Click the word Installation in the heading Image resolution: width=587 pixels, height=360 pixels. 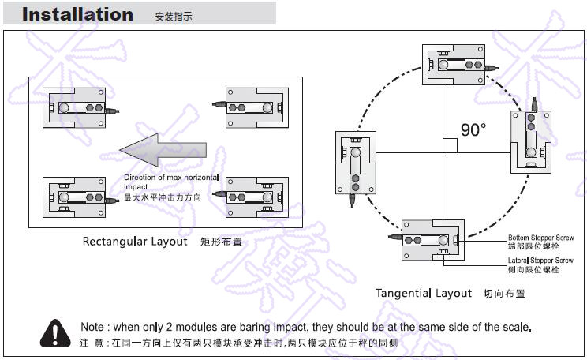(x=77, y=14)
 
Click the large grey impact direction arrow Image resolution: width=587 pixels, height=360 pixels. (x=163, y=148)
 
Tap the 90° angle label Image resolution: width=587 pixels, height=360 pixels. (x=473, y=130)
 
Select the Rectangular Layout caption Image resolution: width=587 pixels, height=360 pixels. (x=135, y=242)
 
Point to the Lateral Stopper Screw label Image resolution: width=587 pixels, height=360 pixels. (x=540, y=260)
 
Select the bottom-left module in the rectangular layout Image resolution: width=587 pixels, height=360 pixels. (x=76, y=195)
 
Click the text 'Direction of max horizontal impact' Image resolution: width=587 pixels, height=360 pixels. (x=170, y=182)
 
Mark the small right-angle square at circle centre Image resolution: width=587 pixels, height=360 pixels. (x=450, y=145)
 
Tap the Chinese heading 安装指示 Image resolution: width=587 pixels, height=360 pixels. (x=174, y=16)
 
